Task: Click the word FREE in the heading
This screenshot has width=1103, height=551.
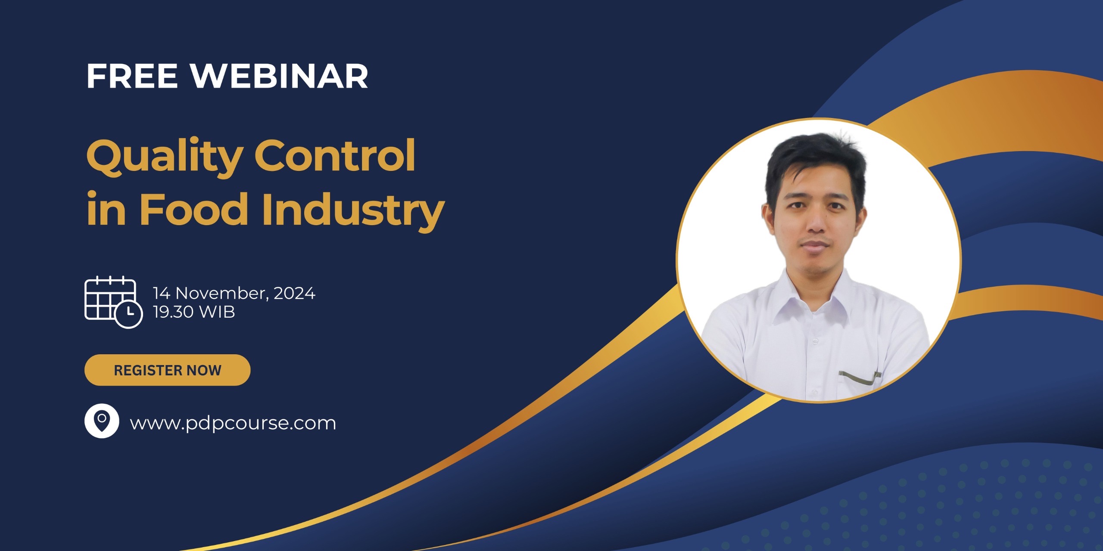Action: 132,77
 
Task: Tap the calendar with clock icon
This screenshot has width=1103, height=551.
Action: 113,301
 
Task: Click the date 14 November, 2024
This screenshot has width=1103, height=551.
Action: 234,293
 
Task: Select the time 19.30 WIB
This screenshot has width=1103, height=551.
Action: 194,312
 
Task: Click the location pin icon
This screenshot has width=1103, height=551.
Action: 102,421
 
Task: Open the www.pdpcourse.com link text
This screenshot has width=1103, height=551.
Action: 233,423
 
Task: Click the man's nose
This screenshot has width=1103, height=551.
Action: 814,224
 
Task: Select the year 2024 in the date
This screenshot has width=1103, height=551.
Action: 295,293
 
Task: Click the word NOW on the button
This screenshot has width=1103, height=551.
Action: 204,370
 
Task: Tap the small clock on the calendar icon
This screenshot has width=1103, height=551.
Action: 128,314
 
